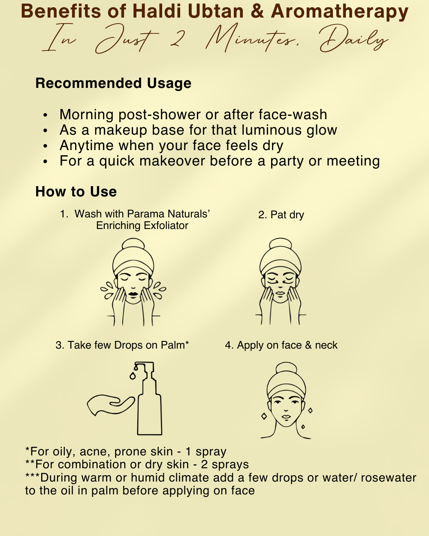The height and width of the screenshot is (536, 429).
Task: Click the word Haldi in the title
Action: tap(156, 11)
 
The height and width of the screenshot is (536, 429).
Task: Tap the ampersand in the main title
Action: tap(257, 12)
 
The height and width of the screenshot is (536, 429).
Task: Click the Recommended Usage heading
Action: tap(113, 84)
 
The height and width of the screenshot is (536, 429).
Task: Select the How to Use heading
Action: tap(76, 192)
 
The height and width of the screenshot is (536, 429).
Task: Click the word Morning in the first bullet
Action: tap(87, 115)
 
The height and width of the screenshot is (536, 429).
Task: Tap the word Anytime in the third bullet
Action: tap(87, 146)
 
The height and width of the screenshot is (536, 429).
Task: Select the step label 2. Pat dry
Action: tap(281, 215)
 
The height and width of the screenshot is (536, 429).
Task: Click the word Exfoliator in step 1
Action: tap(166, 226)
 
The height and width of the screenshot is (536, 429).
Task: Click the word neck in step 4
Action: tap(326, 345)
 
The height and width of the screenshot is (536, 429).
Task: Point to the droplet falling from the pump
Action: tap(133, 376)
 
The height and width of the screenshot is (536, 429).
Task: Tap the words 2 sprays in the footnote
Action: tap(225, 465)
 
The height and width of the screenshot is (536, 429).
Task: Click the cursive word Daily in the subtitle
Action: tap(354, 39)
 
